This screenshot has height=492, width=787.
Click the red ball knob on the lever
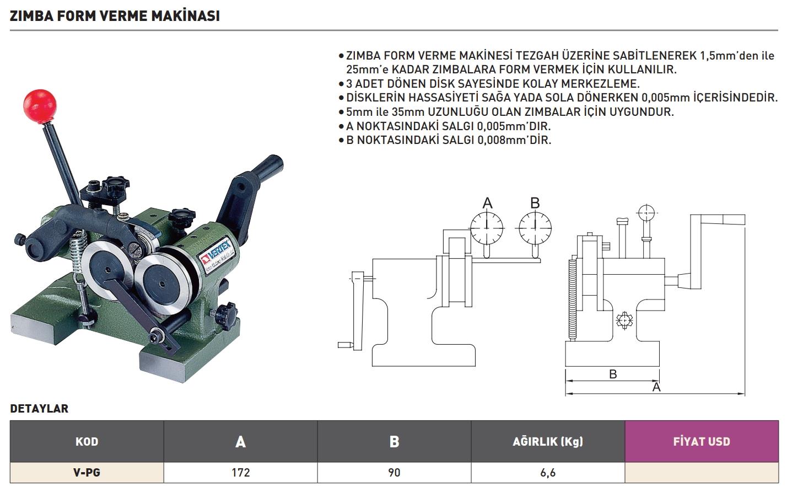(x=40, y=104)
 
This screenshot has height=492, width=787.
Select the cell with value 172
(x=240, y=473)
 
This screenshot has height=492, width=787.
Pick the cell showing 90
(x=394, y=473)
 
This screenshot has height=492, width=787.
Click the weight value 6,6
(x=548, y=473)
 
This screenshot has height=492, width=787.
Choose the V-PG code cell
(x=87, y=473)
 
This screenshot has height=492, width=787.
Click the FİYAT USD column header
(x=701, y=441)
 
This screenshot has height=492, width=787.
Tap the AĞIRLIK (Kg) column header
(x=548, y=441)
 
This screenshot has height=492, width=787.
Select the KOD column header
(x=87, y=441)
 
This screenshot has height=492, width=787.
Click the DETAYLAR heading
(x=39, y=409)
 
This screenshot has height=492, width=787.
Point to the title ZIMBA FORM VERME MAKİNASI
(x=115, y=16)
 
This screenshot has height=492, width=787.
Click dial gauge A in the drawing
(x=487, y=228)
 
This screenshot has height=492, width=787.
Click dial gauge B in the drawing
(x=535, y=228)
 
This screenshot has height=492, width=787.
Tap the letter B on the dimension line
(x=613, y=374)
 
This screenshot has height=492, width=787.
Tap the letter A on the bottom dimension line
(x=656, y=387)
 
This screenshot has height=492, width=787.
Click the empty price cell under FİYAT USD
(x=701, y=473)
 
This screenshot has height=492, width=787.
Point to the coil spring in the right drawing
(x=571, y=298)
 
